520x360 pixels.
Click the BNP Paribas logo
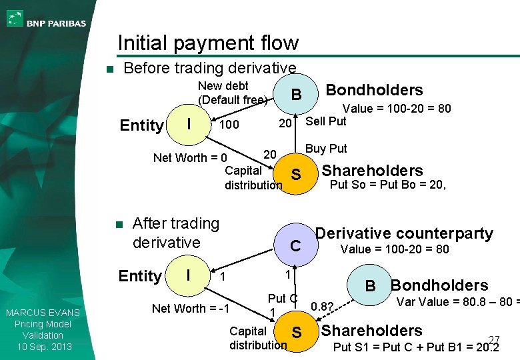coord(47,19)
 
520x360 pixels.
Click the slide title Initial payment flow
coord(208,43)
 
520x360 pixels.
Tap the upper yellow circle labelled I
coord(190,124)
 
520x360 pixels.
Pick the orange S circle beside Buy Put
coord(296,175)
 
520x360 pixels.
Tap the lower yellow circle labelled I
coord(189,275)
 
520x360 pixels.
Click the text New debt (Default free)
coord(233,93)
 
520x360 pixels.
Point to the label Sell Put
coord(326,121)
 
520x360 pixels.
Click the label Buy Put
coord(326,149)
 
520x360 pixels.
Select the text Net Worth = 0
coord(190,158)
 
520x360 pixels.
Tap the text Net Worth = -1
coord(191,308)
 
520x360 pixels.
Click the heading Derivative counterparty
coord(404,233)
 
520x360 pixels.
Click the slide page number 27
coord(494,339)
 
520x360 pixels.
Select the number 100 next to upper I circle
coord(229,125)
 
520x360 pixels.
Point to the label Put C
coord(282,298)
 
